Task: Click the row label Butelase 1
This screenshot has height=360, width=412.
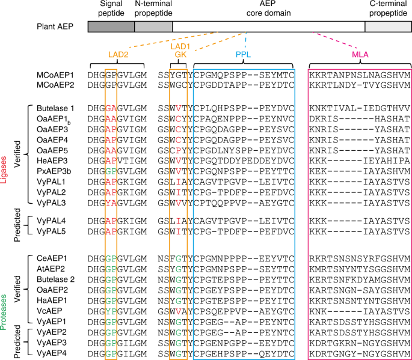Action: [x=56, y=108]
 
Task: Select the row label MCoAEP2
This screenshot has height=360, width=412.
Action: [x=56, y=85]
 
